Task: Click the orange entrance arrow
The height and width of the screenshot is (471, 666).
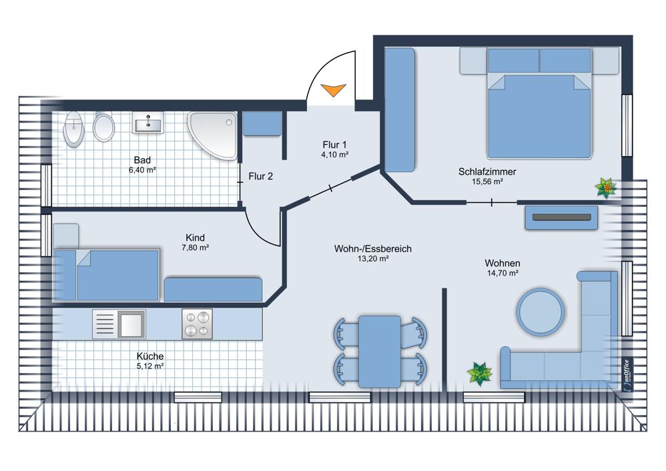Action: [x=333, y=89]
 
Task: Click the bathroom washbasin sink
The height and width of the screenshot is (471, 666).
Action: [x=147, y=123]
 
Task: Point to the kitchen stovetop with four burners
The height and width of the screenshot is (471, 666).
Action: [x=197, y=324]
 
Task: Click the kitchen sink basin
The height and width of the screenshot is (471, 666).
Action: [x=131, y=324]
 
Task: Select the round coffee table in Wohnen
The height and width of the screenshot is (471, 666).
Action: [x=541, y=312]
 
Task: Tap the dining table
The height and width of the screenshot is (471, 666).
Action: [x=380, y=351]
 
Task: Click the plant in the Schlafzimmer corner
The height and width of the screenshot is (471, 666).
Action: [x=606, y=187]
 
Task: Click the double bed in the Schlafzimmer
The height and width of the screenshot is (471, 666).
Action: [x=539, y=103]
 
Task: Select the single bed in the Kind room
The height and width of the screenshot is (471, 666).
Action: [x=106, y=276]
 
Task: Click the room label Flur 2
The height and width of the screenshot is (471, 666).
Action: [x=260, y=176]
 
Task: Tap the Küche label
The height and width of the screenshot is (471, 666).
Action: [x=150, y=356]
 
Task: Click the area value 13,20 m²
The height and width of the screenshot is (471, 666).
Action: [x=373, y=258]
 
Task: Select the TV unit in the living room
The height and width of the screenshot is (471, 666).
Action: [x=561, y=217]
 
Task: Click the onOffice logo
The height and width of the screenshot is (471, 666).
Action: [x=626, y=374]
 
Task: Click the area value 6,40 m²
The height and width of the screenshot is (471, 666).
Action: [x=142, y=170]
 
